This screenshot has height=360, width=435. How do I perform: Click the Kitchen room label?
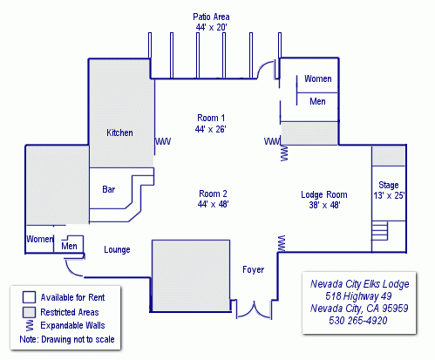coord(119,132)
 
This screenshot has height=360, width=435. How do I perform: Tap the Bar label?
coord(109,189)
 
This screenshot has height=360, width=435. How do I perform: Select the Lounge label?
coord(117,249)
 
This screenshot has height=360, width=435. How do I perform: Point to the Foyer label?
coord(254,269)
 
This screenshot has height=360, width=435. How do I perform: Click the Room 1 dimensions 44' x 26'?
coord(211,129)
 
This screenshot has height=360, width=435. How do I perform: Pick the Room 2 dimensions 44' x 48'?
coord(213,204)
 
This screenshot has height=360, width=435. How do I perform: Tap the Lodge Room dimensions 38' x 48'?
coord(324,205)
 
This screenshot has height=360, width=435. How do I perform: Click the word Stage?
coord(389,185)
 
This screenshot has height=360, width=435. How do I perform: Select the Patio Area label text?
coord(211,17)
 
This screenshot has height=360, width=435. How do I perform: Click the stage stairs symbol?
coord(380,231)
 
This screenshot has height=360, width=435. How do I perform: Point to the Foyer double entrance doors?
coord(255,309)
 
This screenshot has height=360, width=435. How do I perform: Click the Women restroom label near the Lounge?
coord(40,239)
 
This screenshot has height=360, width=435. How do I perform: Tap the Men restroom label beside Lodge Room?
coord(317,101)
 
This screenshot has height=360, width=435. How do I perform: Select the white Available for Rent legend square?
coord(29,297)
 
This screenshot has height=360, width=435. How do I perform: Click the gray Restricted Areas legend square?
coord(29,312)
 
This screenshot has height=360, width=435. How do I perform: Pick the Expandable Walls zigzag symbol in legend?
coord(30,326)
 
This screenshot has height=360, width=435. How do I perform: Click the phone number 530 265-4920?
coord(358,321)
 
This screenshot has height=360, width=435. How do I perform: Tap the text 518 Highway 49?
coord(358,296)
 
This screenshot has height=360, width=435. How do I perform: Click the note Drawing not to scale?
coord(78,339)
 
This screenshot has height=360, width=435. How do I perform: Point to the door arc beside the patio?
coord(264,69)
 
